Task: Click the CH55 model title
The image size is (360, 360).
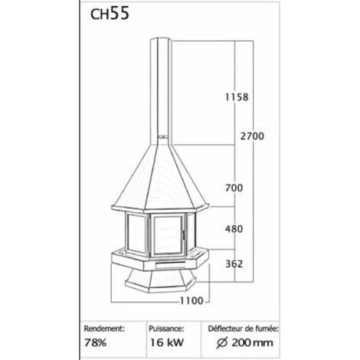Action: [110, 14]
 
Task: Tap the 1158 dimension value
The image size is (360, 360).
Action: [237, 97]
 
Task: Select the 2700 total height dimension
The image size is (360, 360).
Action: [252, 136]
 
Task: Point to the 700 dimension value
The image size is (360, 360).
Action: [234, 188]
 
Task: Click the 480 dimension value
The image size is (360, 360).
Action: [234, 229]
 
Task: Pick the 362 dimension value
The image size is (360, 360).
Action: [234, 263]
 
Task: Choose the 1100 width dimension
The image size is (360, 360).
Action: [191, 301]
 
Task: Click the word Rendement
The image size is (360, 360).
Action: [104, 329]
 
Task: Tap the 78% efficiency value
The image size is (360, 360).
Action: [95, 342]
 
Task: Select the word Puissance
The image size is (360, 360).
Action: [166, 329]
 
